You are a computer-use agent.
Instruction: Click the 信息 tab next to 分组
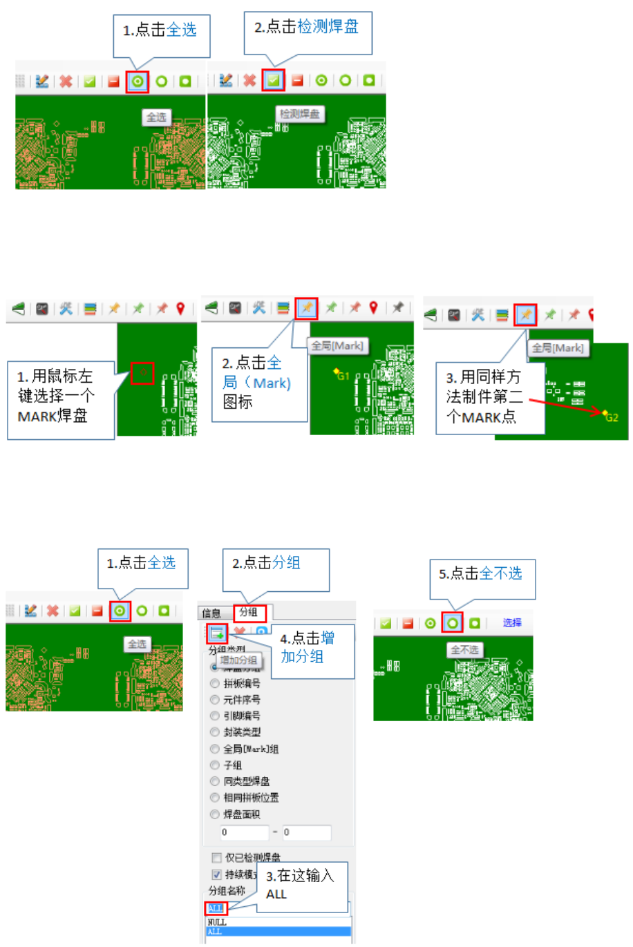(x=211, y=613)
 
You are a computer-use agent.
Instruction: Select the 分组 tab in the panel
(x=248, y=612)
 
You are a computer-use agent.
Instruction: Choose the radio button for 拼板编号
(x=215, y=683)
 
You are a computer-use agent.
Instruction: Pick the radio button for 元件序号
(x=215, y=700)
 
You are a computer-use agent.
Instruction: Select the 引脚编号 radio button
(x=215, y=716)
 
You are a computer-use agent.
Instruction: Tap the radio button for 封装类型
(x=215, y=732)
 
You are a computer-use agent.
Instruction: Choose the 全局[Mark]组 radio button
(x=215, y=749)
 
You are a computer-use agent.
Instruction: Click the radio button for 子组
(x=215, y=765)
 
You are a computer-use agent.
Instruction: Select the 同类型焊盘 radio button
(x=215, y=781)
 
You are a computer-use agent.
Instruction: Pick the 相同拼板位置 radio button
(x=215, y=798)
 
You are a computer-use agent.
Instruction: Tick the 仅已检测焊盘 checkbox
(x=217, y=857)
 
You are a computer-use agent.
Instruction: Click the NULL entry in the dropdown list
(x=217, y=922)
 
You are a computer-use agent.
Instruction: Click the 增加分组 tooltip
(x=238, y=660)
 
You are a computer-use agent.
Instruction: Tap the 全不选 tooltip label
(x=464, y=650)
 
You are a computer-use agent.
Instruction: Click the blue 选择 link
(x=512, y=622)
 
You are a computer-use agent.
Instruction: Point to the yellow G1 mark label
(x=343, y=376)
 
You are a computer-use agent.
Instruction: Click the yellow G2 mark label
(x=611, y=417)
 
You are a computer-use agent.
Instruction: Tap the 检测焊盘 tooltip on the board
(x=300, y=114)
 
